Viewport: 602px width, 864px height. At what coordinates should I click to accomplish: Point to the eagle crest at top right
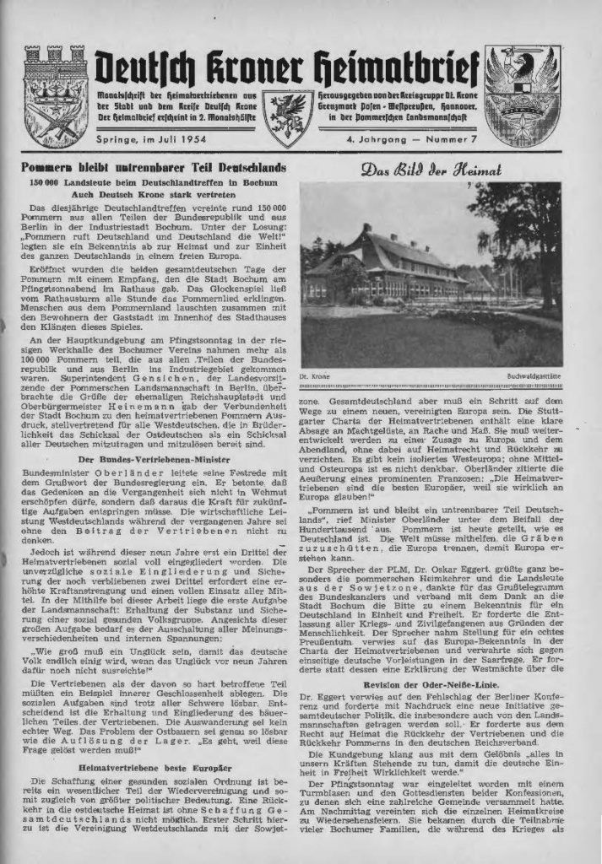click(x=522, y=95)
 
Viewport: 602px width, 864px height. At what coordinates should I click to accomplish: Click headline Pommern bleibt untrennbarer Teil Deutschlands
click(x=154, y=168)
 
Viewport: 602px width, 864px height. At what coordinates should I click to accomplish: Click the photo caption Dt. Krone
click(x=315, y=375)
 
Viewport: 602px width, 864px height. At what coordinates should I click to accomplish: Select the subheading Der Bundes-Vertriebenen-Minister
click(x=155, y=459)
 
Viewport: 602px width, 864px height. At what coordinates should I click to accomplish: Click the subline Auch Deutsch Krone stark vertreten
click(x=155, y=194)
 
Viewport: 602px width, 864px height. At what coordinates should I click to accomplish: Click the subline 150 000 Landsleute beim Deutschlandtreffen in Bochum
click(x=155, y=181)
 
